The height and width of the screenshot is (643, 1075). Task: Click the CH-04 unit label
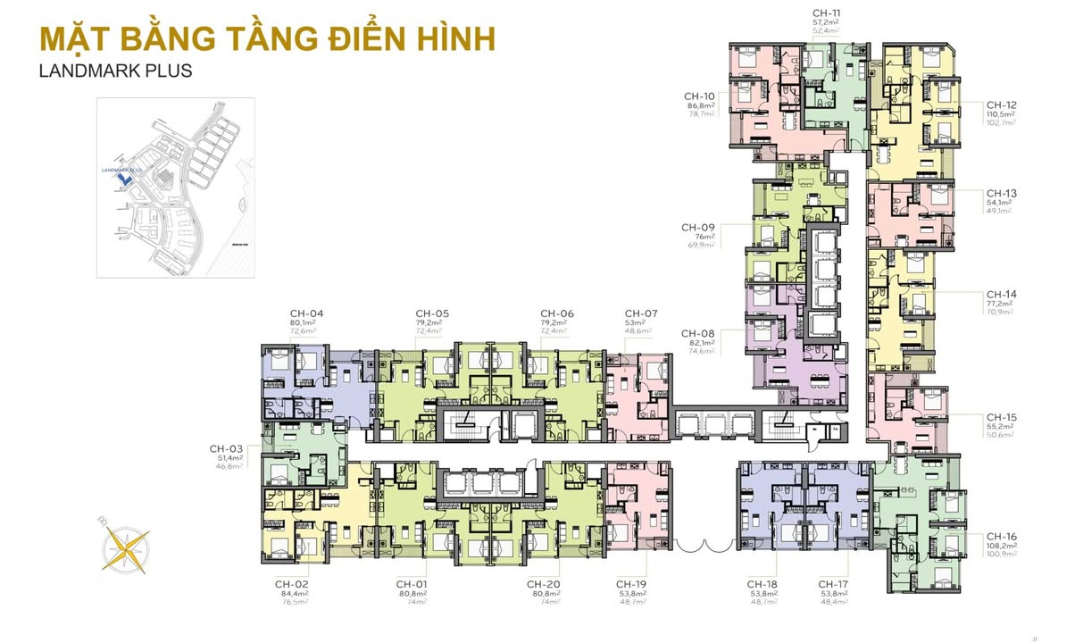(x=306, y=313)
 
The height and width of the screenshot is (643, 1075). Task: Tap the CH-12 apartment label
(x=1001, y=104)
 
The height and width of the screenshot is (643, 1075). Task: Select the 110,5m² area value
(x=1001, y=114)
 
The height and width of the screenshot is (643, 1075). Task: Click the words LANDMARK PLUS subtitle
(x=116, y=70)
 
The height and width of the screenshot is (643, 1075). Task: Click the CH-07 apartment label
(x=640, y=313)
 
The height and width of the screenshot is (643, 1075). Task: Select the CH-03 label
(x=227, y=448)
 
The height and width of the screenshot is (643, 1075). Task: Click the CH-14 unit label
(x=1001, y=294)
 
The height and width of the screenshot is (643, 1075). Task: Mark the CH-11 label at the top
(x=827, y=13)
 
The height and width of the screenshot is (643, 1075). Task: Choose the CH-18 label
(x=764, y=584)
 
